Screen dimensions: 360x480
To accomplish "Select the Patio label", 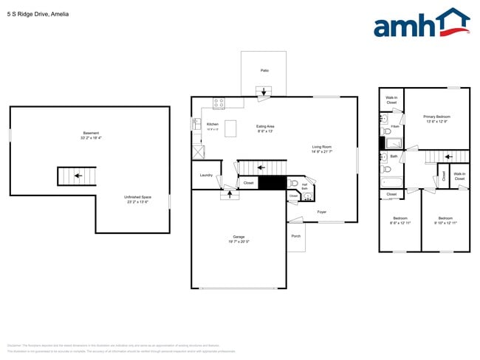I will [264, 70].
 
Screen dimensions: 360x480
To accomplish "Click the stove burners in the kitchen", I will [219, 103].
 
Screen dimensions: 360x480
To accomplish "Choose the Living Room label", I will [322, 148].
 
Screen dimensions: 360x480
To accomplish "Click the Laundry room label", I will [206, 175].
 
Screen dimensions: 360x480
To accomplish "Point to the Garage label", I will [239, 238].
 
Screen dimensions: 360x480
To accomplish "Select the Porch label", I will [296, 236].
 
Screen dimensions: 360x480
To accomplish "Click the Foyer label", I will [321, 212].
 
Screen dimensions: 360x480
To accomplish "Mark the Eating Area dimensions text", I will [265, 131].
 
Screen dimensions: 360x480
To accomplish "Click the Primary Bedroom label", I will [436, 119].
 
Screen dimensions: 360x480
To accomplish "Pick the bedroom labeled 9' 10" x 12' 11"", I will [445, 221].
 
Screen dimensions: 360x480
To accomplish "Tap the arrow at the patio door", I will [263, 91].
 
